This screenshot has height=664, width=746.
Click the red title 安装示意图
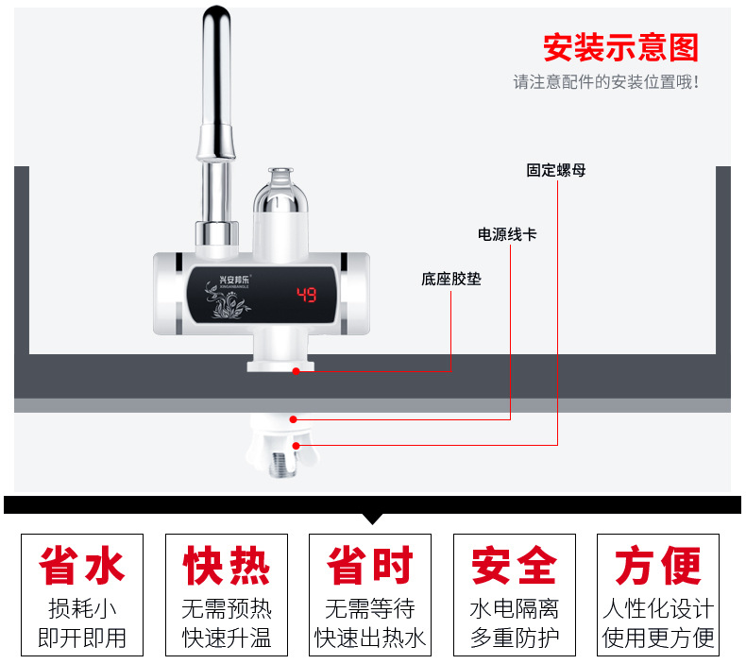(619, 47)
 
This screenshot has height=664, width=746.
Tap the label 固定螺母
(556, 171)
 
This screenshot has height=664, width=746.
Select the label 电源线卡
(507, 234)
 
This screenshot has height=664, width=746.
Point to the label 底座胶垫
(450, 280)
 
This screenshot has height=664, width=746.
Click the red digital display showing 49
(307, 294)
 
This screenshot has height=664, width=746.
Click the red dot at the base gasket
(296, 371)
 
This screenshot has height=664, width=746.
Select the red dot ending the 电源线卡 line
(295, 417)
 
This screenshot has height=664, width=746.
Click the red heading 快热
(227, 567)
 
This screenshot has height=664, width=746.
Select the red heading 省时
(370, 567)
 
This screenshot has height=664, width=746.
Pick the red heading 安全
(515, 567)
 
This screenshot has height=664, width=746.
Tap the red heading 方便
(658, 567)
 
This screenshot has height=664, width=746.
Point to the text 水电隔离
(515, 608)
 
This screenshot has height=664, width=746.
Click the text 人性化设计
(658, 608)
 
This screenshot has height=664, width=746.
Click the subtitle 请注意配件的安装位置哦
(605, 82)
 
